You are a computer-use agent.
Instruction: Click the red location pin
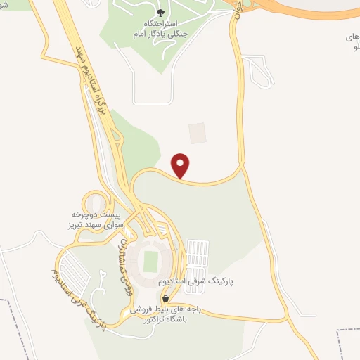[x=181, y=165]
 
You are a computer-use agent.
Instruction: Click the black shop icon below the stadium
[x=165, y=297]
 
